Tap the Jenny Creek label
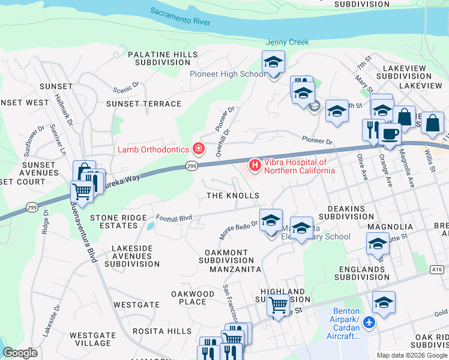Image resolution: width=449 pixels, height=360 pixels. (287, 42)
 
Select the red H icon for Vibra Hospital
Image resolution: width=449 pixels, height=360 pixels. (255, 164)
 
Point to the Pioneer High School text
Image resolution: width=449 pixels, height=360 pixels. (228, 74)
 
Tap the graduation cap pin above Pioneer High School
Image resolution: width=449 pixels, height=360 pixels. (274, 62)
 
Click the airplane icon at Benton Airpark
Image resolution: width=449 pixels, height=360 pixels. (369, 323)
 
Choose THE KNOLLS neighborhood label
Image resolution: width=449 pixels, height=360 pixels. (233, 196)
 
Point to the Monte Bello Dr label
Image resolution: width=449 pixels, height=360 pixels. (238, 226)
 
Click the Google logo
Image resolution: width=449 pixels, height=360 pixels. (20, 352)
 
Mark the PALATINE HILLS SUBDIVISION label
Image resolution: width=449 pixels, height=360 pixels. (162, 58)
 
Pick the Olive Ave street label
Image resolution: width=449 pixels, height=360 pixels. (362, 167)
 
